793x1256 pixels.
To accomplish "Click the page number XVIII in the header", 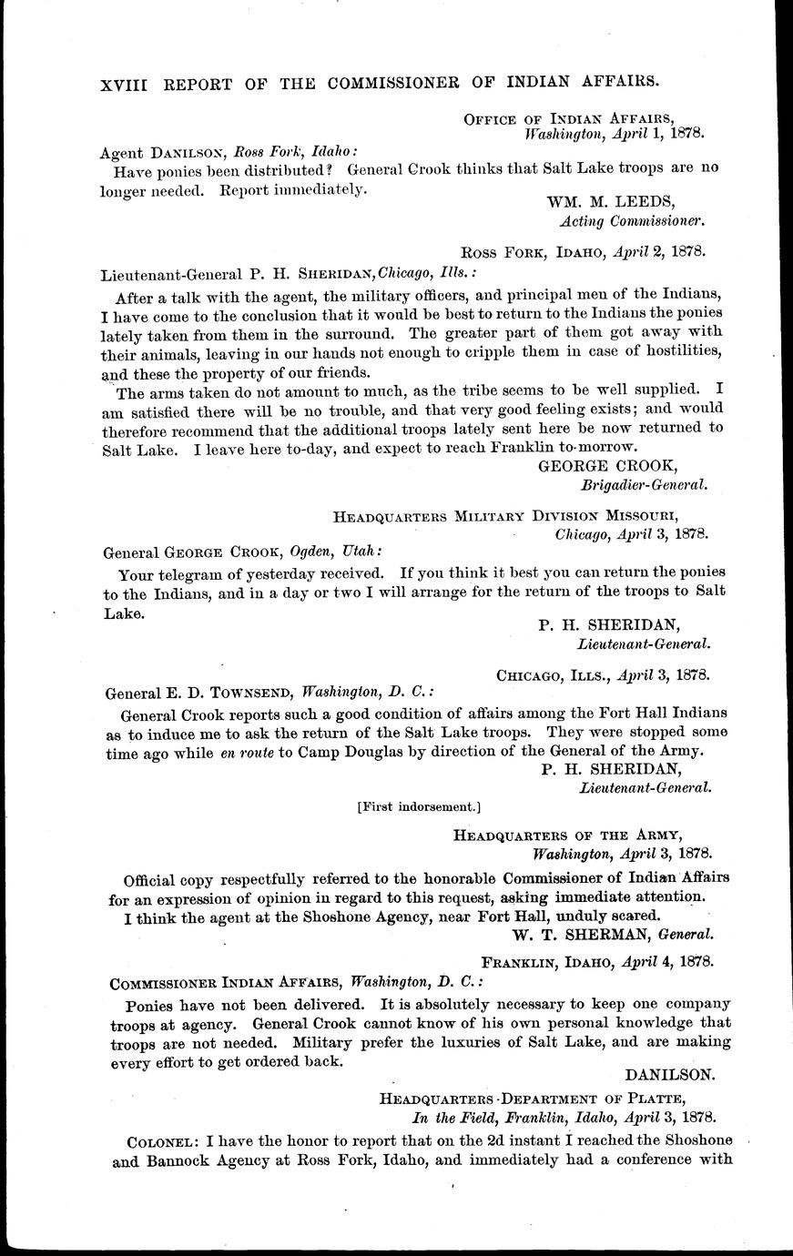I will click(x=126, y=82).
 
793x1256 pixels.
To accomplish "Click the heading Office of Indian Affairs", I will click(x=568, y=117).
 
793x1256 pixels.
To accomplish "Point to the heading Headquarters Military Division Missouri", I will click(x=521, y=516).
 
